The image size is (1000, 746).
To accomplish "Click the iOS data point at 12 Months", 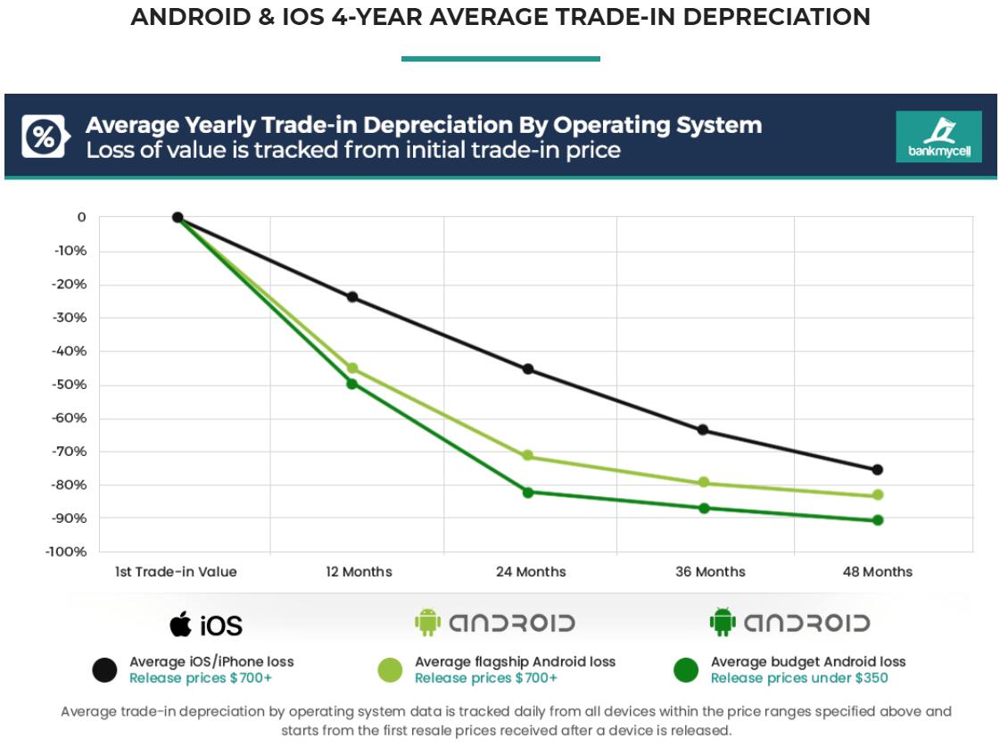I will (352, 297).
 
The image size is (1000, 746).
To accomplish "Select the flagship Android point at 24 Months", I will (527, 456).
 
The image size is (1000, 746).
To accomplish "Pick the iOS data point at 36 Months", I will (703, 430).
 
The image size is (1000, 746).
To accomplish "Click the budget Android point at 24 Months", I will (527, 493).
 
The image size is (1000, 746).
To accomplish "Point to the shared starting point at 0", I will (178, 218).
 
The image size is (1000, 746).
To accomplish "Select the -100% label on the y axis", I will (66, 551).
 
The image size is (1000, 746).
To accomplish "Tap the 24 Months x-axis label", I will (531, 572).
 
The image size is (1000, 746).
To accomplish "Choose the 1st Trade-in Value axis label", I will (176, 572).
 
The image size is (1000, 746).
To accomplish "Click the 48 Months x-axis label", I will (878, 572).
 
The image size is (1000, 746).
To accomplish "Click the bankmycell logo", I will (938, 137).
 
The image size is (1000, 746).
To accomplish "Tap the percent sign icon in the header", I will (42, 137).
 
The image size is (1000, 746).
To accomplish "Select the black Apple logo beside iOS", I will (181, 624).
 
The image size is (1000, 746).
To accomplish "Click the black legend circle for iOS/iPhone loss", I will (105, 670).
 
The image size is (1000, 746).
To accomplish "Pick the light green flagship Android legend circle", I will (390, 670).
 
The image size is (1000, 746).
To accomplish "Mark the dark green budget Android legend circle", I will (686, 670).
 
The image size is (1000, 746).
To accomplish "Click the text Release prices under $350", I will (798, 678).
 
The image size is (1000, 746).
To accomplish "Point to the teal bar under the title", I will (500, 59).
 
